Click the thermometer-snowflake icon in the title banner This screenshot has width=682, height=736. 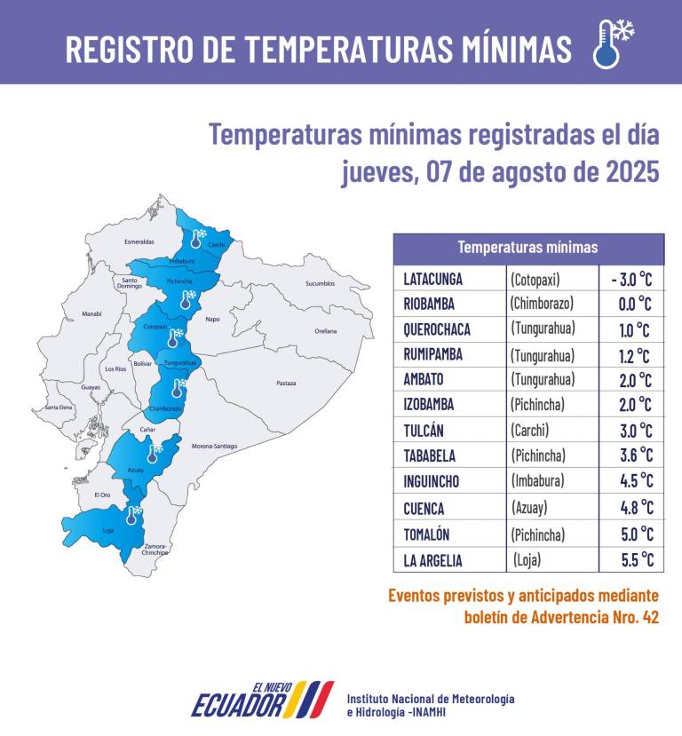point(613,44)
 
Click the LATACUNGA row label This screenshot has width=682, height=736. point(440,279)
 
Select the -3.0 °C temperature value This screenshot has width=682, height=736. point(631,279)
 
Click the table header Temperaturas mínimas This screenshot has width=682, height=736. point(527,248)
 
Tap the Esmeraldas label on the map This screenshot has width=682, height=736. point(139,241)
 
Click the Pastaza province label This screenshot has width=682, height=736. point(286,384)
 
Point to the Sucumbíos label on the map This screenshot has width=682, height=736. point(320,284)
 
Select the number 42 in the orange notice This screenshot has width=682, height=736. point(650,618)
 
